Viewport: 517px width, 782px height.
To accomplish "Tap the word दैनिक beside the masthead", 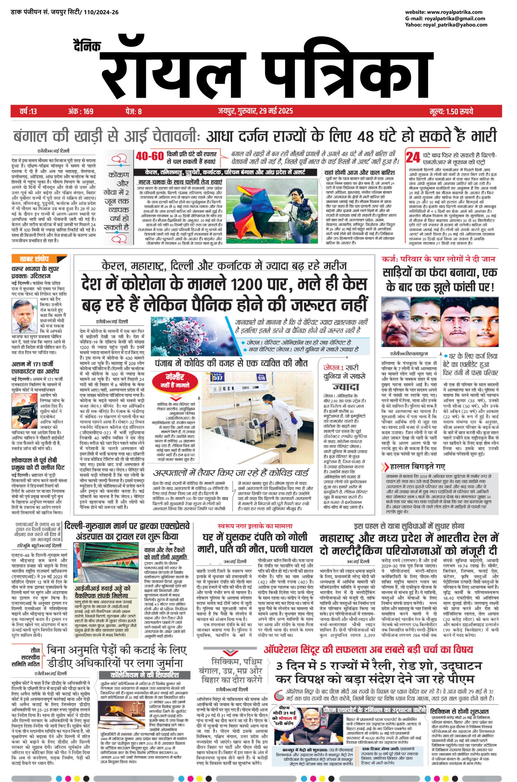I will point(87,46).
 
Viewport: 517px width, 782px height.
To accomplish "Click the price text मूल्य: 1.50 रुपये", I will point(451,111).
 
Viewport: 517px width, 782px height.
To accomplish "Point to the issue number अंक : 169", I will point(81,111).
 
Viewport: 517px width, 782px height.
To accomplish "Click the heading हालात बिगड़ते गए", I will point(417,466).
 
